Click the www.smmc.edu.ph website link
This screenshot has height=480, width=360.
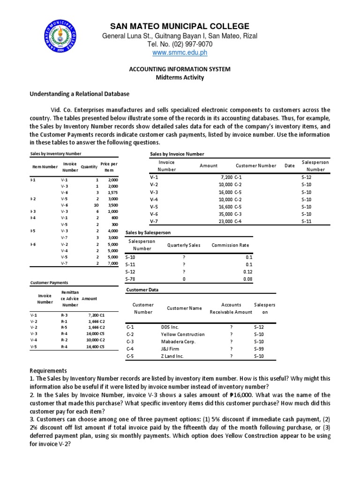[180, 53]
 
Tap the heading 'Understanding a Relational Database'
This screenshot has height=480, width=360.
[80, 94]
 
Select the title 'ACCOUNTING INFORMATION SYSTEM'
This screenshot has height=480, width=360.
[180, 69]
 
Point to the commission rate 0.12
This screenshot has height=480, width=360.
[248, 272]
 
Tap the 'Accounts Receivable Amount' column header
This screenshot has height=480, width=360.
[231, 308]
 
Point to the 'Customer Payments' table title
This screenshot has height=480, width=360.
[49, 283]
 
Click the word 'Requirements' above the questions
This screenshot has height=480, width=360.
[49, 370]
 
